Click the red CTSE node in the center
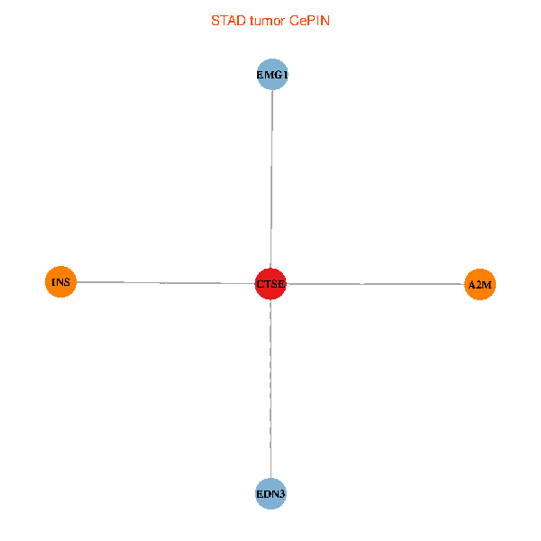270,284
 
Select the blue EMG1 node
272,75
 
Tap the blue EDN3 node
271,494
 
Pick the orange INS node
60,282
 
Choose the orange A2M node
481,285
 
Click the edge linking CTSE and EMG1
271,180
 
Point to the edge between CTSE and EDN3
270,388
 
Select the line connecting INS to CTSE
162,283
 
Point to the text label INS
60,282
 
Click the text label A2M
481,286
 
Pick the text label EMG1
272,76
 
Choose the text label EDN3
271,495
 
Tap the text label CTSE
270,285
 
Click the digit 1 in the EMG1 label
285,76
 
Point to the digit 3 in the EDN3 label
283,495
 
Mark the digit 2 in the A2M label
480,286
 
